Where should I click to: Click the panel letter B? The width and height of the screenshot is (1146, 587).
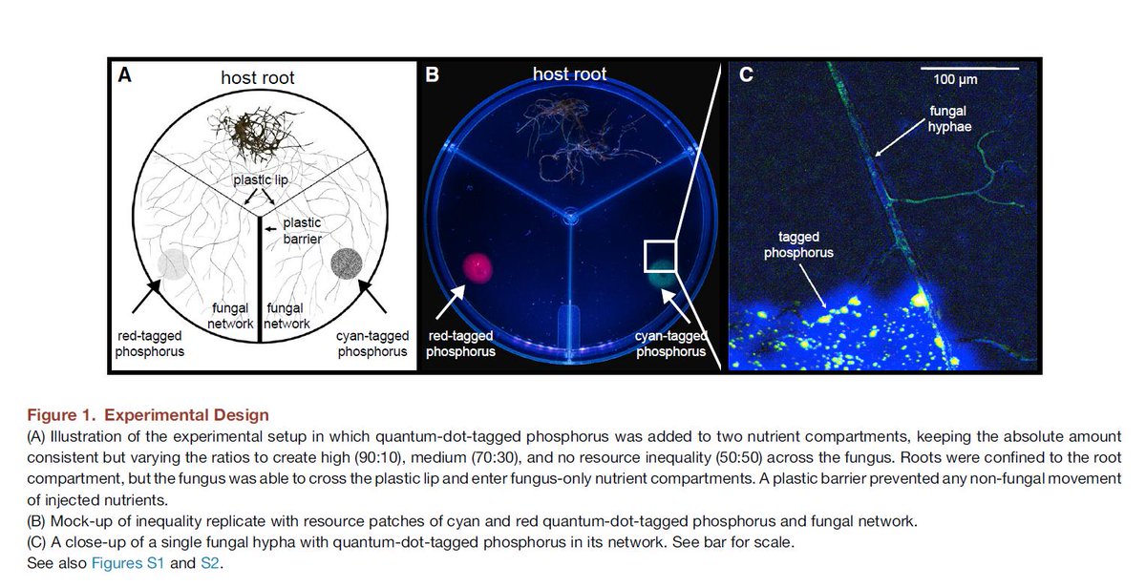click(x=432, y=74)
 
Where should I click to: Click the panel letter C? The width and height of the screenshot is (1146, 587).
click(x=747, y=74)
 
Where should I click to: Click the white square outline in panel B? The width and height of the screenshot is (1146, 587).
click(x=661, y=255)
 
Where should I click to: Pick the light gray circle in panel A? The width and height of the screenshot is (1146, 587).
click(x=172, y=263)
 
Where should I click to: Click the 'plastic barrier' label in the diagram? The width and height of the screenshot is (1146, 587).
click(x=302, y=230)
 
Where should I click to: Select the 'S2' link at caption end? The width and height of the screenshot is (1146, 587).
click(x=210, y=563)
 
